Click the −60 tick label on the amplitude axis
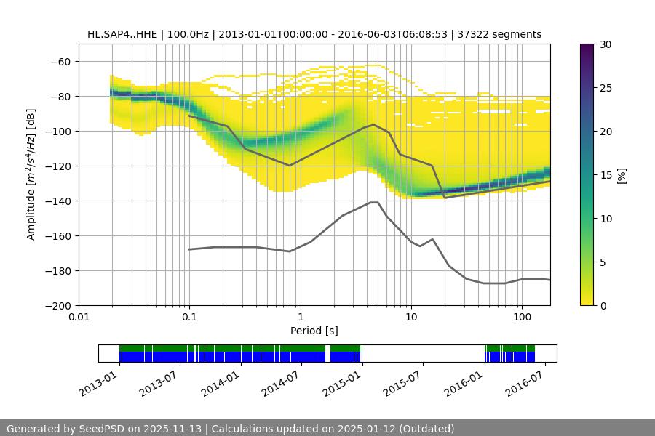coord(59,61)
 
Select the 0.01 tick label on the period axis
coord(79,318)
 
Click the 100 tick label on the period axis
coord(521,318)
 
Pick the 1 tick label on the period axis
coord(300,318)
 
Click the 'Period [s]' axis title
coord(314,331)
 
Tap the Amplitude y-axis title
coord(31,174)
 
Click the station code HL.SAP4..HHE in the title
coord(121,34)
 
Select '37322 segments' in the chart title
coord(504,34)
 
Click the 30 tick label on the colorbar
coord(606,44)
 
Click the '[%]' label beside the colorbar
coord(622,175)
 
